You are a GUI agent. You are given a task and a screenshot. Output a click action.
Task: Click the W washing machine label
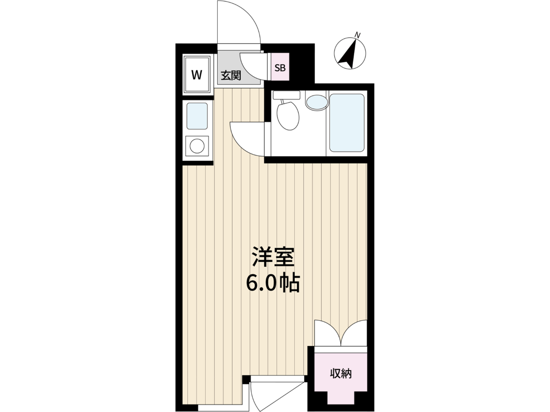197,75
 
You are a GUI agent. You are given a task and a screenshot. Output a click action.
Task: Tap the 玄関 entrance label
231,75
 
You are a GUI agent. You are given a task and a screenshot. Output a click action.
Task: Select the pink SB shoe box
280,67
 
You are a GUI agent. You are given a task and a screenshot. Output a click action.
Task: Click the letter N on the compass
358,36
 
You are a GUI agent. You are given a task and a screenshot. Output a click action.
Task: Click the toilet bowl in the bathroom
288,116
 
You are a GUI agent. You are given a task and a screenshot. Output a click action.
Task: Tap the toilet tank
286,95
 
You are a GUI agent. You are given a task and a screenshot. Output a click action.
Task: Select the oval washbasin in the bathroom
317,102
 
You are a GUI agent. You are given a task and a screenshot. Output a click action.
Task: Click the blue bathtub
347,123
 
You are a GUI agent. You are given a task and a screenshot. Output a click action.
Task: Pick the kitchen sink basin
197,116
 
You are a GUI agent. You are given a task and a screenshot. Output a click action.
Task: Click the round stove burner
197,146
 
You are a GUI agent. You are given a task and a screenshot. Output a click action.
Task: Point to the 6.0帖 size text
273,284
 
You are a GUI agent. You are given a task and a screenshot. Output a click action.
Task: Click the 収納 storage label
341,381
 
